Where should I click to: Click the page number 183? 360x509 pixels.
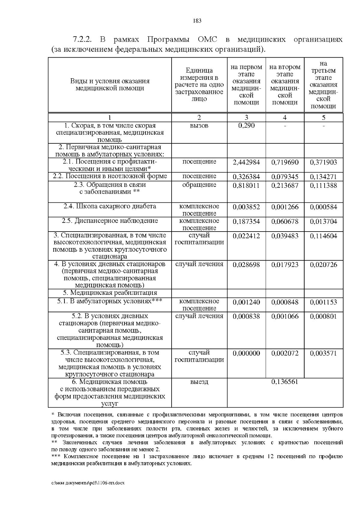click(197, 21)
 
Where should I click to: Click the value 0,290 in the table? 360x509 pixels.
click(246, 125)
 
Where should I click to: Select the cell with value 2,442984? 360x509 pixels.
click(246, 162)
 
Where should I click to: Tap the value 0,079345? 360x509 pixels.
click(285, 177)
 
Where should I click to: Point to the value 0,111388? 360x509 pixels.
click(323, 185)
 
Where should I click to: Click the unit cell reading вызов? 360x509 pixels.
click(199, 125)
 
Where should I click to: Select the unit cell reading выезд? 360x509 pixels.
click(199, 382)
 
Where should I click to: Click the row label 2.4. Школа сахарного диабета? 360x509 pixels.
click(110, 206)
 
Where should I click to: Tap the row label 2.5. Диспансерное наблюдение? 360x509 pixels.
click(110, 221)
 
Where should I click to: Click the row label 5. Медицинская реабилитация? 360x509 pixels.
click(110, 293)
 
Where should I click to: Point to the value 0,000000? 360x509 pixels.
click(246, 353)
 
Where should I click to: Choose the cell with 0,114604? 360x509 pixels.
click(323, 236)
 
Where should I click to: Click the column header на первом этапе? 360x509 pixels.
click(246, 85)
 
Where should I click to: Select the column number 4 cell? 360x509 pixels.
click(285, 118)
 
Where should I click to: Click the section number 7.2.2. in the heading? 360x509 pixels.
click(82, 40)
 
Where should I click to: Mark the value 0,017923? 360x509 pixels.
click(285, 265)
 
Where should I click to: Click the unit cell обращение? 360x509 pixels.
click(199, 185)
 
